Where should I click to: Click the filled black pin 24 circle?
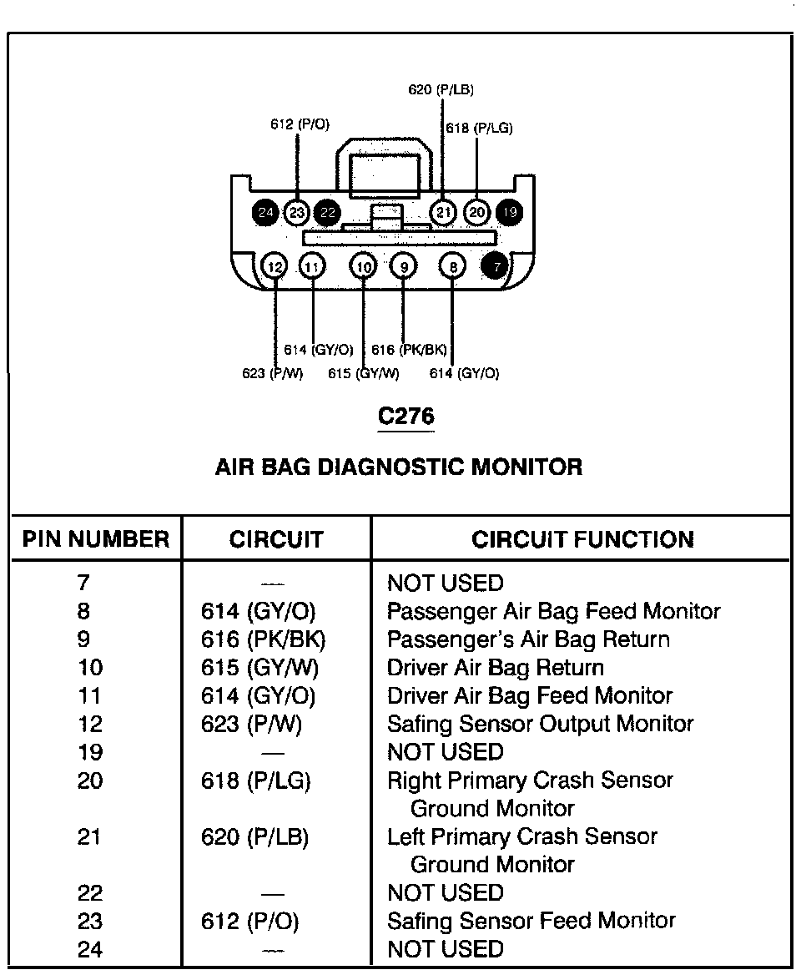(x=265, y=212)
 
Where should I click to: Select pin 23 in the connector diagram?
(x=297, y=212)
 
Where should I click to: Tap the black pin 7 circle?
(x=496, y=266)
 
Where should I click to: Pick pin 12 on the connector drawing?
(x=275, y=267)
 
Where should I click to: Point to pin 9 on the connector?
(x=404, y=267)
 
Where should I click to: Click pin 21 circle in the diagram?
(x=443, y=212)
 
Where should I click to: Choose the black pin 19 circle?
(x=509, y=212)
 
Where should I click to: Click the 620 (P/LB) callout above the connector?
(x=441, y=89)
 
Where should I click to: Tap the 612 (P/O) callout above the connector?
(x=300, y=124)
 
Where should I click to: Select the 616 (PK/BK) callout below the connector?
(x=409, y=350)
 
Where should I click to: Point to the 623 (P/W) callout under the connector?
(x=272, y=373)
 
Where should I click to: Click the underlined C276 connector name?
(x=406, y=416)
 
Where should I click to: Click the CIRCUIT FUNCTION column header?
(x=582, y=539)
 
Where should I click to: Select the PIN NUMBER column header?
(x=95, y=539)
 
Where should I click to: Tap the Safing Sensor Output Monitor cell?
(x=540, y=724)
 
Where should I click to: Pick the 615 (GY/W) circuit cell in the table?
(x=259, y=668)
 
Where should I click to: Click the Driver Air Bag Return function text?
(x=495, y=668)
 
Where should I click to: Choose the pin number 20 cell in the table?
(x=90, y=781)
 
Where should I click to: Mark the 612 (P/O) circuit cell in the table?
(x=249, y=921)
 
